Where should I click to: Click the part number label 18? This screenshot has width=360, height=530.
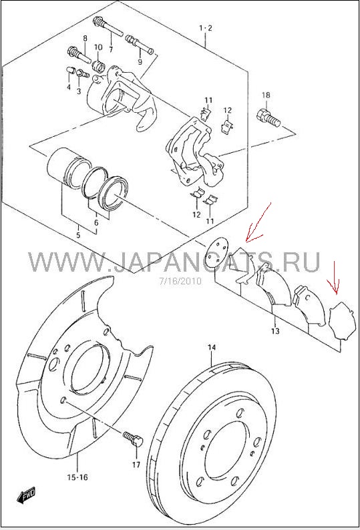(x=266, y=95)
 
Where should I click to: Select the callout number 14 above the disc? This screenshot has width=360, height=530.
(x=212, y=347)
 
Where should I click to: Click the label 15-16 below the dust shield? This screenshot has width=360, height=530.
(x=77, y=477)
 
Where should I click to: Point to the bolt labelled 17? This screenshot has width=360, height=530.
(x=134, y=438)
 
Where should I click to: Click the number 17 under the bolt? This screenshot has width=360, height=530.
(x=136, y=465)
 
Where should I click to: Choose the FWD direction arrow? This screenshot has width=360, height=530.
(x=25, y=496)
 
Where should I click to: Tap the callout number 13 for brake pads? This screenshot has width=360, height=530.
(x=275, y=330)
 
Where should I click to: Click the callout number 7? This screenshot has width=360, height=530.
(x=111, y=49)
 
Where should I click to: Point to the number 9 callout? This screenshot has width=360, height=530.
(x=140, y=62)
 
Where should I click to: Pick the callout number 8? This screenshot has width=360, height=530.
(x=85, y=38)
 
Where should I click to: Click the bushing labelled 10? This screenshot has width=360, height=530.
(x=99, y=65)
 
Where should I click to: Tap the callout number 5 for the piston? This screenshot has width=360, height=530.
(x=78, y=235)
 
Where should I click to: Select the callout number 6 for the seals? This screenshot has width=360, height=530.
(x=96, y=223)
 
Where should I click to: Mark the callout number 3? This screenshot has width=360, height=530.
(x=79, y=91)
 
